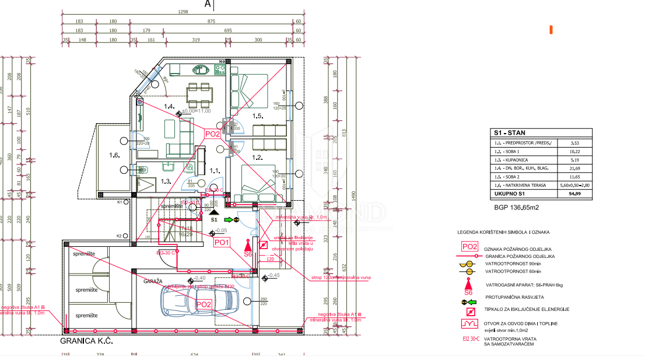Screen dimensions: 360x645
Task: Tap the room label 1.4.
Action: tap(169, 106)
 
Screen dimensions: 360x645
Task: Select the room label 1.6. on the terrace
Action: tap(114, 156)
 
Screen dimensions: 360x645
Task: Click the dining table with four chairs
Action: tap(199, 92)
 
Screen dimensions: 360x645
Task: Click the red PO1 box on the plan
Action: tap(222, 242)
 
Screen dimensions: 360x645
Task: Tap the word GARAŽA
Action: tap(153, 281)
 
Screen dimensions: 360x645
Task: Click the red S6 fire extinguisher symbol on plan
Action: tap(248, 246)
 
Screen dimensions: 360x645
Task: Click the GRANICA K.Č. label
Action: tap(86, 340)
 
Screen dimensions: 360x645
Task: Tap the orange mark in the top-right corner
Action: tap(551, 29)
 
